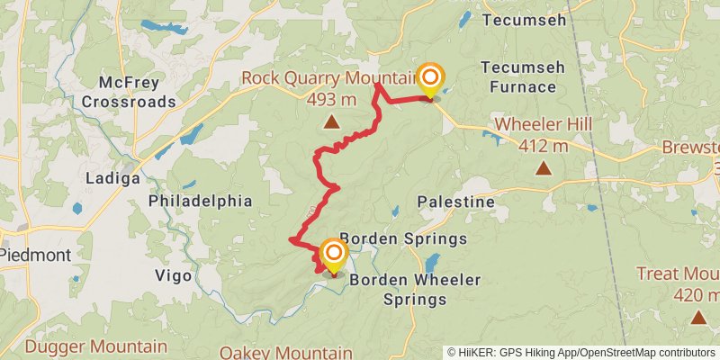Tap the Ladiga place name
[x=112, y=178]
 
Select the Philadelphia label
[x=201, y=201]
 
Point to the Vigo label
[x=174, y=275]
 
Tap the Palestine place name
[x=456, y=202]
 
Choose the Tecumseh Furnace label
[x=517, y=77]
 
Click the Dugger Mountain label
[x=96, y=346]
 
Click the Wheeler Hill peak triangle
[x=544, y=167]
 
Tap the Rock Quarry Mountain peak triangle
[x=332, y=121]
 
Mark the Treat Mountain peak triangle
[x=698, y=316]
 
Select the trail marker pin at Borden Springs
[x=333, y=255]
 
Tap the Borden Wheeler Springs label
[x=415, y=289]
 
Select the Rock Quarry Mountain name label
[x=328, y=79]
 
